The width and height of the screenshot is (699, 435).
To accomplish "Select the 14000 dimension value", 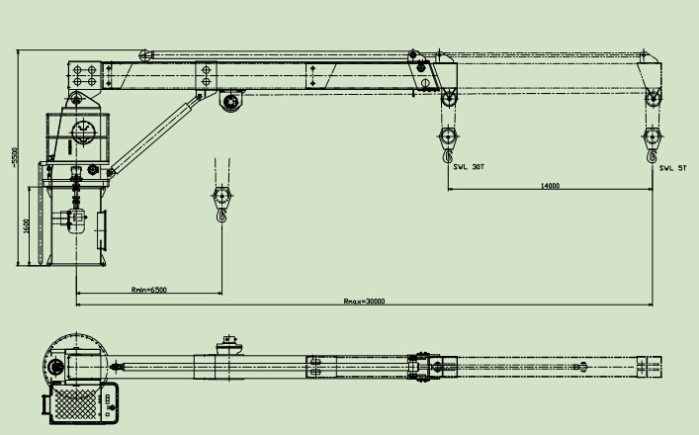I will tap(550, 186).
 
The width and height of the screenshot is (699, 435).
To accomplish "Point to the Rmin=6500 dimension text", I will tap(148, 290).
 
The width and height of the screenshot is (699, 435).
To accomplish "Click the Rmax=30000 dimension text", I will tap(363, 301).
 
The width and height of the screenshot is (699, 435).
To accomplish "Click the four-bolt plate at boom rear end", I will tap(84, 74).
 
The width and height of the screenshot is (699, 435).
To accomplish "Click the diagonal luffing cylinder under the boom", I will tap(151, 133).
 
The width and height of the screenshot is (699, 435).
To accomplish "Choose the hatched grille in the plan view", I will tap(79, 405).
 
